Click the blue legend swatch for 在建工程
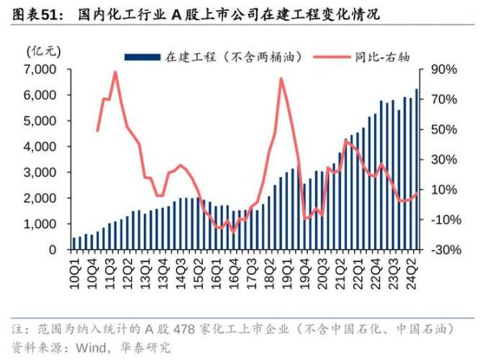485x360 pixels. point(142,56)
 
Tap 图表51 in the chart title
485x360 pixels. point(33,15)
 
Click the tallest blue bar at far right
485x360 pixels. point(417,170)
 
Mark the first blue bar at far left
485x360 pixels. point(74,244)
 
